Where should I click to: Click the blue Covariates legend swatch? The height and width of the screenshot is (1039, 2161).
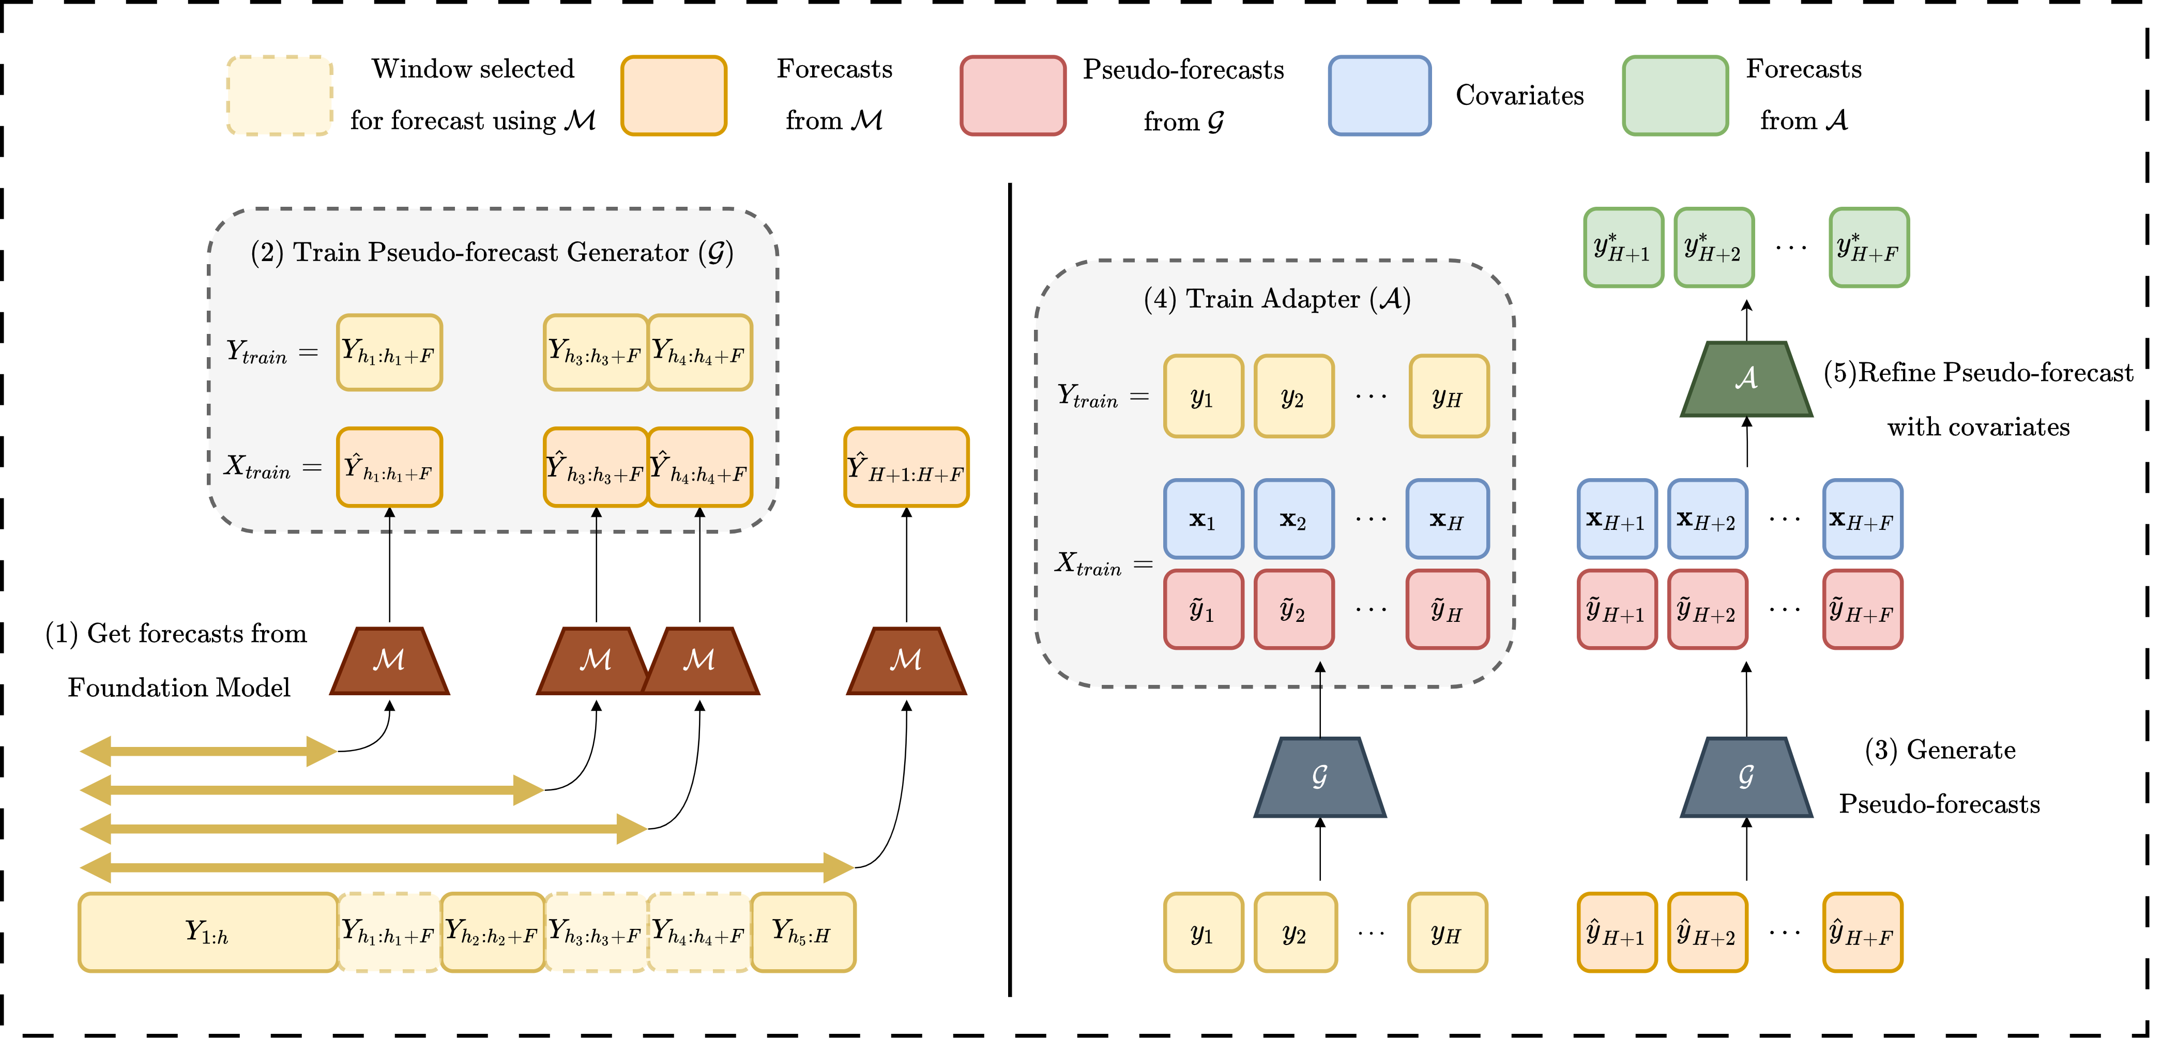click(x=1379, y=96)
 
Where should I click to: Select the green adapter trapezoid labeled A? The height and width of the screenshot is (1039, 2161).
click(x=1746, y=379)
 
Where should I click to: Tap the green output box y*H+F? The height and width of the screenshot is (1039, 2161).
click(x=1868, y=248)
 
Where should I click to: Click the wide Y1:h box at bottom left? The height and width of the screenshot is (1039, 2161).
click(x=207, y=931)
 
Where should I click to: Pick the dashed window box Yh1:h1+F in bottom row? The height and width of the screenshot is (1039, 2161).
click(x=388, y=931)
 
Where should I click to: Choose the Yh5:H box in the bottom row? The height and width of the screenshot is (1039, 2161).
click(x=802, y=931)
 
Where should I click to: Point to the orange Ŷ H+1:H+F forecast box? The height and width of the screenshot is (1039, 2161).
click(x=906, y=467)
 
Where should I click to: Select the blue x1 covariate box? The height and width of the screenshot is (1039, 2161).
click(x=1203, y=519)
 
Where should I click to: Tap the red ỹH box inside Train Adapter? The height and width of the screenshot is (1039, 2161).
click(x=1447, y=609)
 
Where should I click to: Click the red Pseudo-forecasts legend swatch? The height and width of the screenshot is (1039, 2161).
click(x=1013, y=96)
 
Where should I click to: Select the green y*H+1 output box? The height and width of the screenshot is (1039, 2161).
click(x=1623, y=248)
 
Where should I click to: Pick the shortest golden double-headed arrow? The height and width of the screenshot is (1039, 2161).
click(x=208, y=751)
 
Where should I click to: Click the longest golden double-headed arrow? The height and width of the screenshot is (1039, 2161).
click(x=466, y=867)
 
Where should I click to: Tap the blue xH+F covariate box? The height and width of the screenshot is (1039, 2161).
click(x=1862, y=519)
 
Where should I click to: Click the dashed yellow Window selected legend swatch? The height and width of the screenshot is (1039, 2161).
click(x=279, y=96)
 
